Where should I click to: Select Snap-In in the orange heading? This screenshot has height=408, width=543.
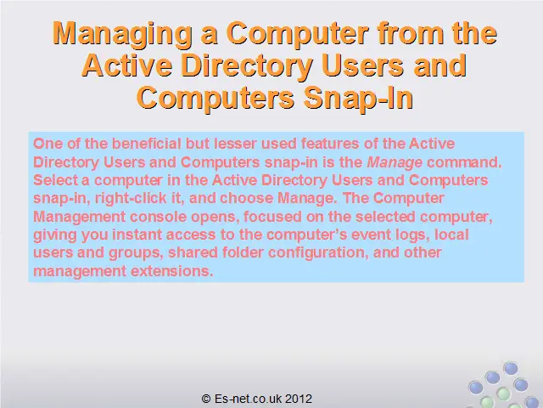[x=358, y=99]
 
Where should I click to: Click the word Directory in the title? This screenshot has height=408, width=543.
[x=247, y=66]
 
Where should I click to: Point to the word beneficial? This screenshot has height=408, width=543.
[x=147, y=144]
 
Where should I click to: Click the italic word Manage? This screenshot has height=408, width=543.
[x=395, y=162]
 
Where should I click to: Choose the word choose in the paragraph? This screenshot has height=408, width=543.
[x=247, y=198]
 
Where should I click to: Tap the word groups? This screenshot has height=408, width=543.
[x=134, y=253]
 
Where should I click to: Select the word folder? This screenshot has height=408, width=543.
[x=243, y=252]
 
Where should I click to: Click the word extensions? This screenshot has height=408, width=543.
[x=170, y=271]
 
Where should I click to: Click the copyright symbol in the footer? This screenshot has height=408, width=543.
[x=206, y=399]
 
